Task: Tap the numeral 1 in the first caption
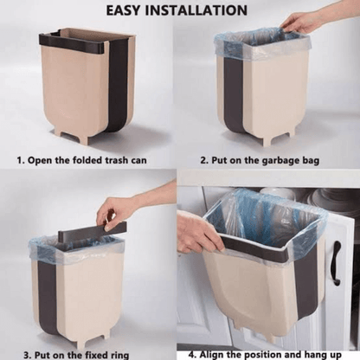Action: pyautogui.click(x=20, y=161)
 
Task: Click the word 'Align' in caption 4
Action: pyautogui.click(x=213, y=353)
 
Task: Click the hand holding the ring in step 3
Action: pyautogui.click(x=117, y=210)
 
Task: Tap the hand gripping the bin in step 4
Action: pyautogui.click(x=197, y=233)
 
